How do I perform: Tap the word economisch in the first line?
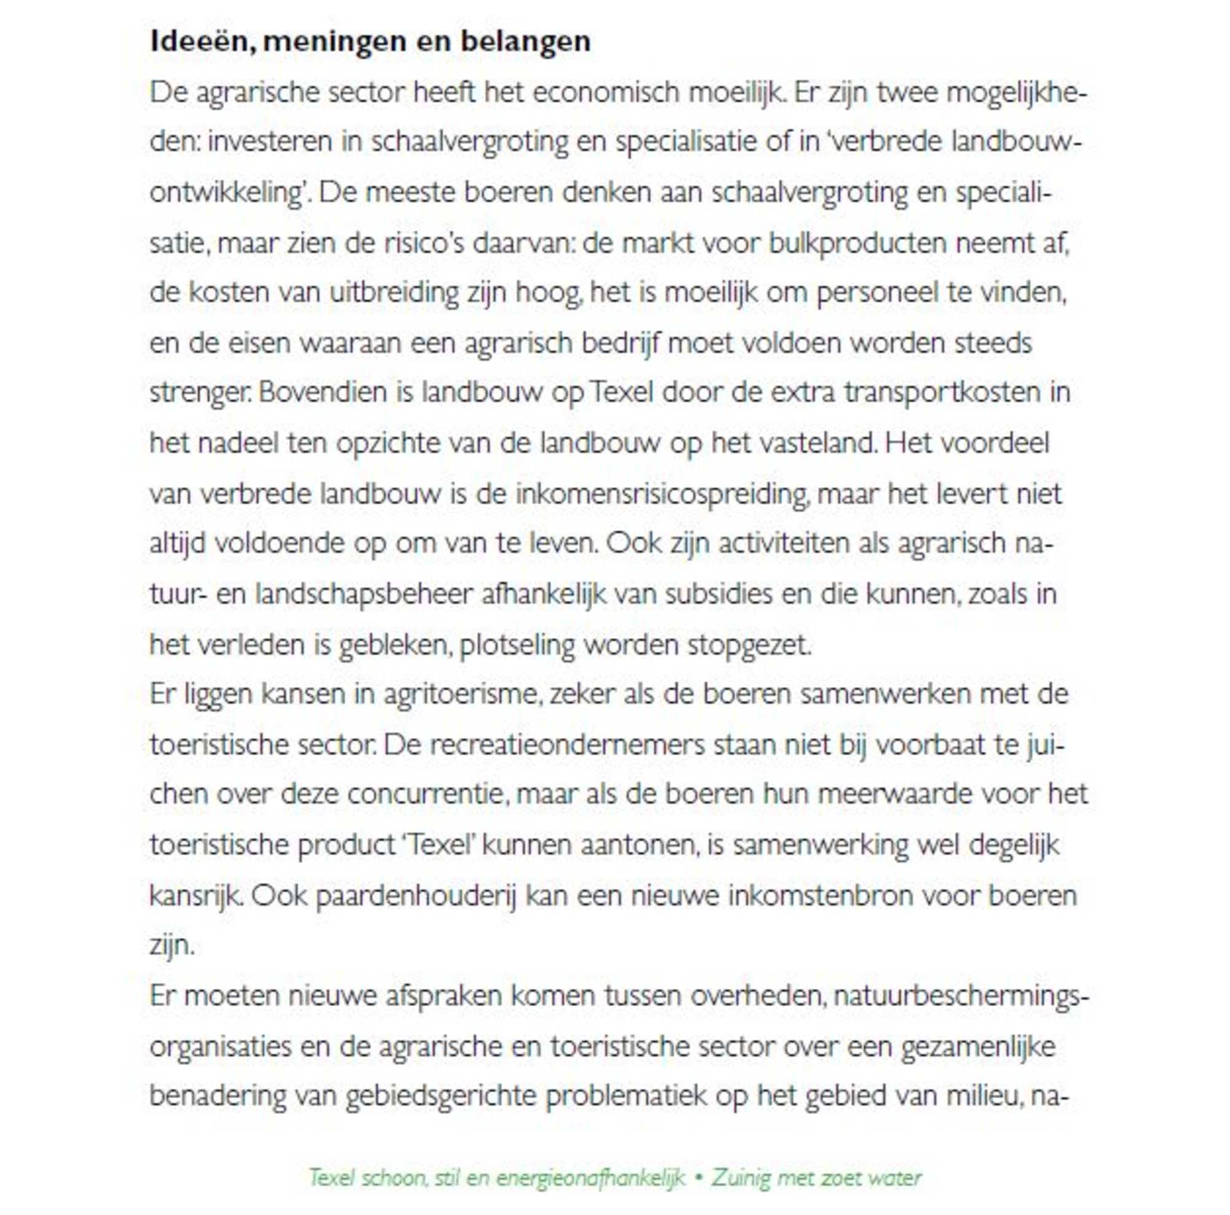607,93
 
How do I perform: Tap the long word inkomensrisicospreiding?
662,494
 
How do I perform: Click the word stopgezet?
748,645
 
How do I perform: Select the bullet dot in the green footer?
699,1177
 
